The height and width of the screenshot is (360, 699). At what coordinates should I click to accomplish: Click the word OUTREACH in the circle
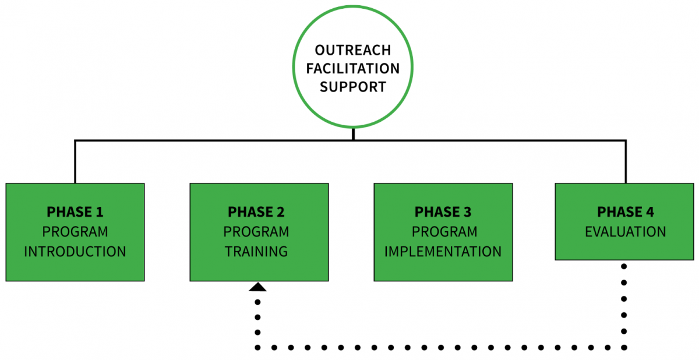[x=353, y=50]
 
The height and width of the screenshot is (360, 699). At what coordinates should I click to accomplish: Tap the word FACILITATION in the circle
[x=353, y=68]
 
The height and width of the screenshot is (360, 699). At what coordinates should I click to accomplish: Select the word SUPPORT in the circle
[x=353, y=87]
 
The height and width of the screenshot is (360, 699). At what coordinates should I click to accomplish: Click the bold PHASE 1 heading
[x=75, y=211]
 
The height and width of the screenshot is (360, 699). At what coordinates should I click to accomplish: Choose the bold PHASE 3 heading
[x=443, y=211]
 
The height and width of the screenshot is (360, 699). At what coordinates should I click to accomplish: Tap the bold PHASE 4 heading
[x=626, y=211]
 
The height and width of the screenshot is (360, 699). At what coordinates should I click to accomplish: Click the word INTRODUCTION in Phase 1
[x=75, y=252]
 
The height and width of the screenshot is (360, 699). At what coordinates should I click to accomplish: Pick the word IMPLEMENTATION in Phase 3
[x=443, y=252]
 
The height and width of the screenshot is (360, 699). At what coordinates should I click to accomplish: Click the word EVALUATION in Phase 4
[x=626, y=231]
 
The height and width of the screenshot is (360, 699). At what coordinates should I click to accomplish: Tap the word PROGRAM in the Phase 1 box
[x=75, y=231]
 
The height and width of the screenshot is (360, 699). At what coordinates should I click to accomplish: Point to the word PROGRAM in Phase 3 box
[x=443, y=231]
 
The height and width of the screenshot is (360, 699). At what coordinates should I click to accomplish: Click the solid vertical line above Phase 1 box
[x=75, y=162]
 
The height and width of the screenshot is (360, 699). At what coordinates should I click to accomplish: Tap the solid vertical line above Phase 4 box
[x=626, y=162]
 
